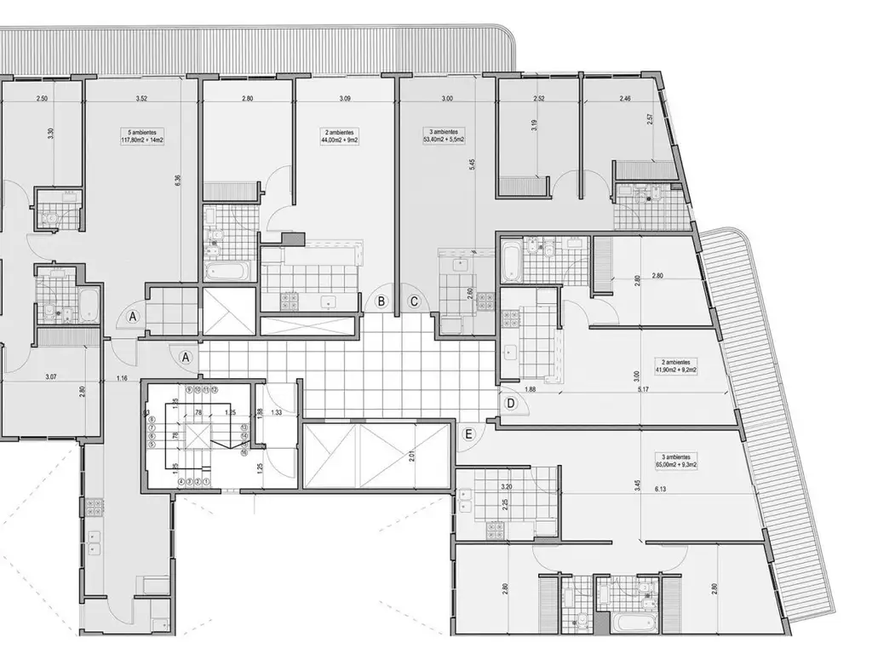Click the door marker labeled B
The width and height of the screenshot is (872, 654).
click(x=382, y=301)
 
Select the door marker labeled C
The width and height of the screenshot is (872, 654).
click(x=414, y=301)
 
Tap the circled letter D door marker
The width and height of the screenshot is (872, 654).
click(x=511, y=403)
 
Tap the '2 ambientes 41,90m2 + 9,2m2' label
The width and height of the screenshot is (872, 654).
click(x=671, y=366)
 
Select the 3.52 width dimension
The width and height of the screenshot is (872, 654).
click(x=141, y=100)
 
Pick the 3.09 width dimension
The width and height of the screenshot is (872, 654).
click(x=345, y=100)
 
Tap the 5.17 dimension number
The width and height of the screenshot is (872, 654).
click(x=644, y=390)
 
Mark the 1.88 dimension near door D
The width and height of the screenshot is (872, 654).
click(x=530, y=390)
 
